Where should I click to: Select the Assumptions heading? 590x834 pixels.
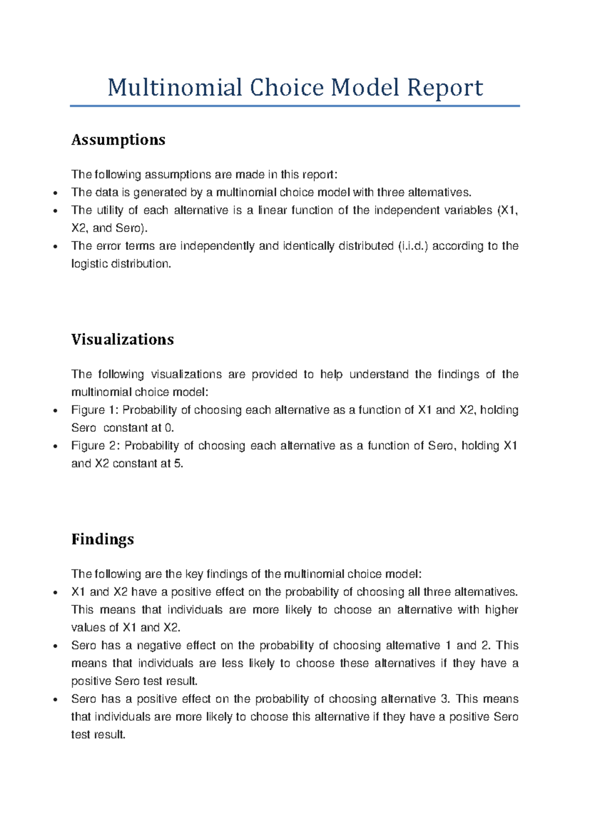[118, 140]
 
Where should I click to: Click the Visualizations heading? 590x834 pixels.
[122, 339]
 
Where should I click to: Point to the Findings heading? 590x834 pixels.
[102, 539]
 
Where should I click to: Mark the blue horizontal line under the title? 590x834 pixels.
[295, 106]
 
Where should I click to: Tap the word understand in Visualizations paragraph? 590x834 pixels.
[379, 375]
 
